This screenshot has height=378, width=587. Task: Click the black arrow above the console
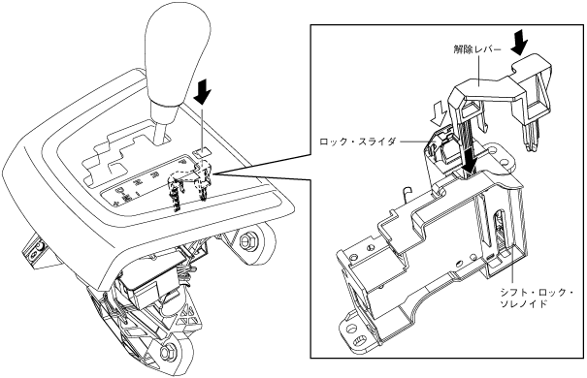click(x=203, y=92)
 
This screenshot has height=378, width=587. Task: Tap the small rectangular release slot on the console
click(x=202, y=152)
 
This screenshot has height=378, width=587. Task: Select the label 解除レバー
click(x=476, y=49)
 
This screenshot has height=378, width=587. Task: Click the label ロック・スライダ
click(x=357, y=142)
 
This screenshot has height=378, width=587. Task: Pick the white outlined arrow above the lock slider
click(x=439, y=115)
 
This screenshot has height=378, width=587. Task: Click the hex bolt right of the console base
click(x=245, y=240)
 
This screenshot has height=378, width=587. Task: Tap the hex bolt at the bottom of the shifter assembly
click(x=167, y=351)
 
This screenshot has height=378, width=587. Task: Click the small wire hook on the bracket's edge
click(x=407, y=194)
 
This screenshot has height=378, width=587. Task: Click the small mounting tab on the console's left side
click(x=34, y=251)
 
